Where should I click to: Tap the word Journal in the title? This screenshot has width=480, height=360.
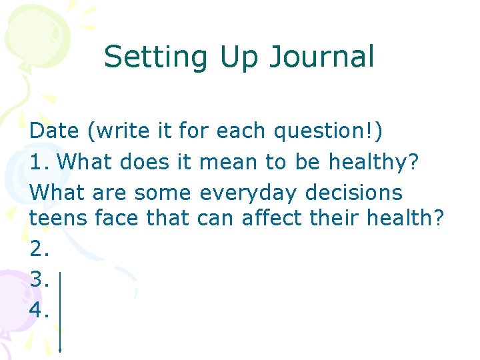click(321, 57)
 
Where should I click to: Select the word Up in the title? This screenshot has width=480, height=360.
click(237, 57)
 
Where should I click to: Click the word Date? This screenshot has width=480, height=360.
click(54, 131)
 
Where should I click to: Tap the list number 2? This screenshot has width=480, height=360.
click(40, 248)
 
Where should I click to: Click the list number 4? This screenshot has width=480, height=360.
click(40, 309)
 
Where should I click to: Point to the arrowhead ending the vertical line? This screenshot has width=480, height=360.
click(61, 348)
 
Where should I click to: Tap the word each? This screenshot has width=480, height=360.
click(241, 131)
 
